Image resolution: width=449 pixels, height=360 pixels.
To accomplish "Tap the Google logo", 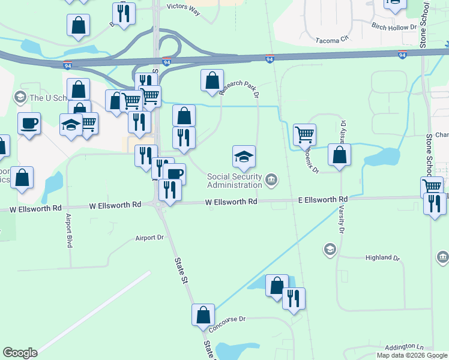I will (20, 353).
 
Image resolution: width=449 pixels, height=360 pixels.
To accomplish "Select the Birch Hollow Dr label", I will (394, 27).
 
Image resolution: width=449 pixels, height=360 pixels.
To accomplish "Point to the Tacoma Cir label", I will (332, 39).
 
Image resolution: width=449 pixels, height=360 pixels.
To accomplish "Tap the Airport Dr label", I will (150, 238).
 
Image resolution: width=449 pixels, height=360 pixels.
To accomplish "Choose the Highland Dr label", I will (382, 257).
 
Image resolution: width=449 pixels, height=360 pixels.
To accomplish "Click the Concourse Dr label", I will (228, 324).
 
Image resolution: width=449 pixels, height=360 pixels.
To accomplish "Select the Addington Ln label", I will (404, 347).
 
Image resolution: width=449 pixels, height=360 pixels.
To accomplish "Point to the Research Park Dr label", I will (238, 90).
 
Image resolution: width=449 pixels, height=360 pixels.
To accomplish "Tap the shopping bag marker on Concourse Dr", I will (203, 314).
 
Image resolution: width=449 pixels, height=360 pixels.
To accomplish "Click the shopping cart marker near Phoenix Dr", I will (304, 134).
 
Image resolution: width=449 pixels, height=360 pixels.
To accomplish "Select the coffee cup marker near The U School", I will (29, 124).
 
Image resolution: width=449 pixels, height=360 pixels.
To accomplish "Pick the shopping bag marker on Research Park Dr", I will (212, 80).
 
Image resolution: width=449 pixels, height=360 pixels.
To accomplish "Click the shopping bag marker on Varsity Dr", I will (340, 154).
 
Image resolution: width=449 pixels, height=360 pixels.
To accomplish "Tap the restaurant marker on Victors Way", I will (124, 13).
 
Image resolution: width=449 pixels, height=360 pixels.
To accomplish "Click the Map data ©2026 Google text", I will (412, 355).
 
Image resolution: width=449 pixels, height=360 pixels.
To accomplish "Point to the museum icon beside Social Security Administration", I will (271, 178).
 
